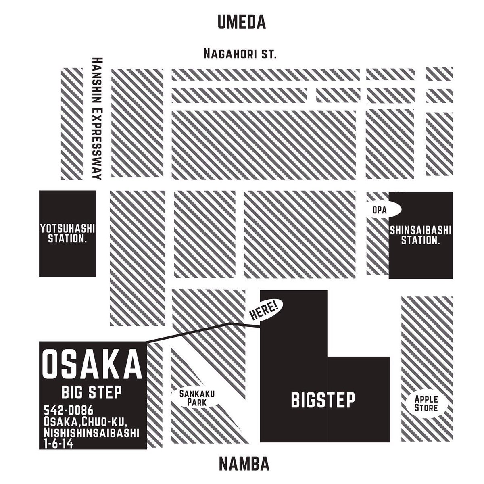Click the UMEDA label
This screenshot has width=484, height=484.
click(x=242, y=22)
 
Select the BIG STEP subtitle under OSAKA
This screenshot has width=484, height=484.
click(x=92, y=392)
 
